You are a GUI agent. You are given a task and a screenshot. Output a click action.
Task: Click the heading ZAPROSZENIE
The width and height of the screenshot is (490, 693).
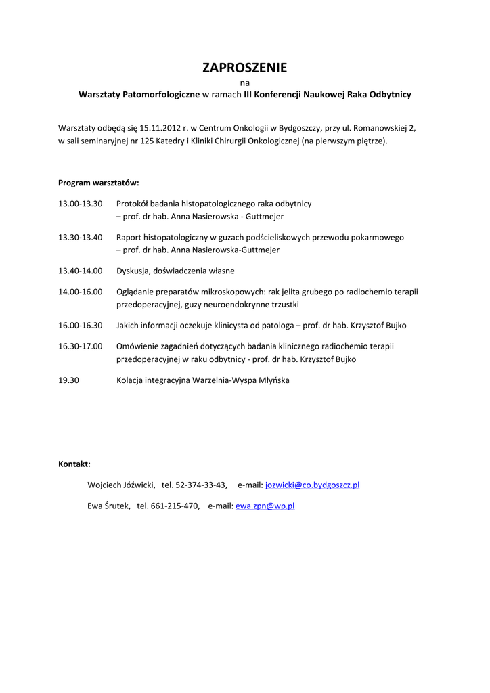pos(244,68)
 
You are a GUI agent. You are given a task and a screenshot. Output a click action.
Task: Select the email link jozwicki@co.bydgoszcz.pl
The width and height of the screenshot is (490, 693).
pos(312,485)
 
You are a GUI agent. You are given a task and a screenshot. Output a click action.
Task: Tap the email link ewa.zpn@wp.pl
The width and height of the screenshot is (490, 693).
pos(265,506)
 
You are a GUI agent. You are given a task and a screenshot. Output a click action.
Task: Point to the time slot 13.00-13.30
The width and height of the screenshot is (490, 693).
pos(80,203)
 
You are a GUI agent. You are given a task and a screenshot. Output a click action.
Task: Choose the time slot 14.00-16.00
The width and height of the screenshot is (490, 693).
pos(80,292)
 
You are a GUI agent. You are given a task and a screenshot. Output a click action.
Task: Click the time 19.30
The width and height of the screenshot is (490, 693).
pos(68,380)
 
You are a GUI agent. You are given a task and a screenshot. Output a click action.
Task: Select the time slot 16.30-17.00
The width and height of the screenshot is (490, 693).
pos(80,346)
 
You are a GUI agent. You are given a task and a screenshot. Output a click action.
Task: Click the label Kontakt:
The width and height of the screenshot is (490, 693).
pos(74,464)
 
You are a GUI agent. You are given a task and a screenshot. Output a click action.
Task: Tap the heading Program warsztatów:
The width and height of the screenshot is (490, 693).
pos(99,183)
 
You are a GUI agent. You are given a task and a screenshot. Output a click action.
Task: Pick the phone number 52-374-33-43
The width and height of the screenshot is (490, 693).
pos(201,485)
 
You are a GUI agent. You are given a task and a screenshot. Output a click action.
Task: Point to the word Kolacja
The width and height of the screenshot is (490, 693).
pos(132,380)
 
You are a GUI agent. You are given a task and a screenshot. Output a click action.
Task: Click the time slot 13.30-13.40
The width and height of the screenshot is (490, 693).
pos(80,238)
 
